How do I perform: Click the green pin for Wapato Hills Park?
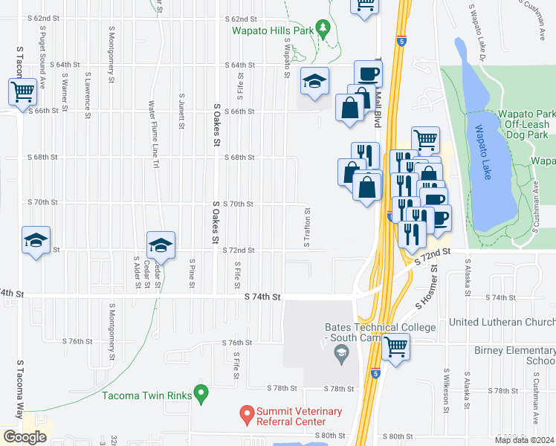tap(322, 29)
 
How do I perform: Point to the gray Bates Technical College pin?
tap(340, 357)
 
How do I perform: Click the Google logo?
tap(25, 437)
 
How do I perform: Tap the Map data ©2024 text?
tap(523, 439)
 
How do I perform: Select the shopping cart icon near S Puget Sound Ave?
tap(23, 92)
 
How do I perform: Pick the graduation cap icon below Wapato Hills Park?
tap(315, 81)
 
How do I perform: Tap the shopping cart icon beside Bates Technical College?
tap(396, 346)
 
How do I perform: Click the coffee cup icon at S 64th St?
tap(368, 74)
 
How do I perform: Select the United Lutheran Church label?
tap(502, 322)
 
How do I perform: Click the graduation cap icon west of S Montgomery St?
tap(36, 240)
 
